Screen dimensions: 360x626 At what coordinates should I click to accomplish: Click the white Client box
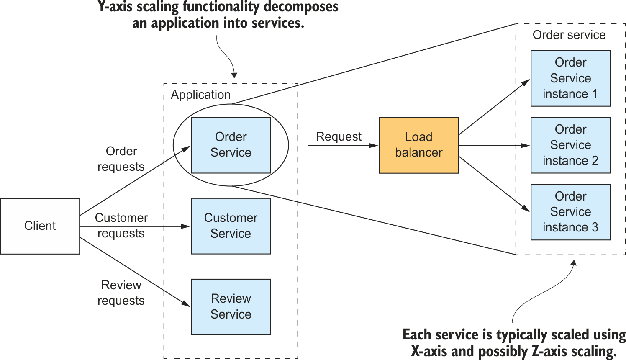pyautogui.click(x=40, y=226)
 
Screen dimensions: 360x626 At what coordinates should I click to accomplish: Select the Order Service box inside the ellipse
pyautogui.click(x=231, y=145)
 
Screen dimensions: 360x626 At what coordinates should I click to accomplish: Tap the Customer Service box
pyautogui.click(x=231, y=226)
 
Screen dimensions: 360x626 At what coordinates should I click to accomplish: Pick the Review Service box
pyautogui.click(x=231, y=306)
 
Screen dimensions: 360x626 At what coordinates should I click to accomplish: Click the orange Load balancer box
pyautogui.click(x=418, y=145)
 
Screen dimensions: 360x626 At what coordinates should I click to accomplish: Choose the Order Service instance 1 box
pyautogui.click(x=570, y=78)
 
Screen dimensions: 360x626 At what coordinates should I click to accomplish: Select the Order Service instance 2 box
pyautogui.click(x=570, y=145)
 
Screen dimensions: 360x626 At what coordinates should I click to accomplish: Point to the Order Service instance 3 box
pyautogui.click(x=570, y=212)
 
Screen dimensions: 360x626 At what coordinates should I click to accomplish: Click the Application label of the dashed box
pyautogui.click(x=200, y=95)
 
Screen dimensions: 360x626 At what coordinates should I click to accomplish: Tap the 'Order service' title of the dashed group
pyautogui.click(x=569, y=35)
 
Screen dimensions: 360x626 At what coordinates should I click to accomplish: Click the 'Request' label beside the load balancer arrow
pyautogui.click(x=339, y=136)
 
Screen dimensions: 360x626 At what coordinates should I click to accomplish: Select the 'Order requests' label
pyautogui.click(x=121, y=159)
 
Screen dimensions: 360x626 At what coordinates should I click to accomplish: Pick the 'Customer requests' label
pyautogui.click(x=121, y=225)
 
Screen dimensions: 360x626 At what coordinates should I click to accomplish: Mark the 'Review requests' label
pyautogui.click(x=121, y=293)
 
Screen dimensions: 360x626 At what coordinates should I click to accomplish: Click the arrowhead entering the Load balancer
pyautogui.click(x=375, y=145)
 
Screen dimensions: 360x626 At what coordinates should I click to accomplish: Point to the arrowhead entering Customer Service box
pyautogui.click(x=187, y=226)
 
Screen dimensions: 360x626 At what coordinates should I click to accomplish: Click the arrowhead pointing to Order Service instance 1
pyautogui.click(x=526, y=81)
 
